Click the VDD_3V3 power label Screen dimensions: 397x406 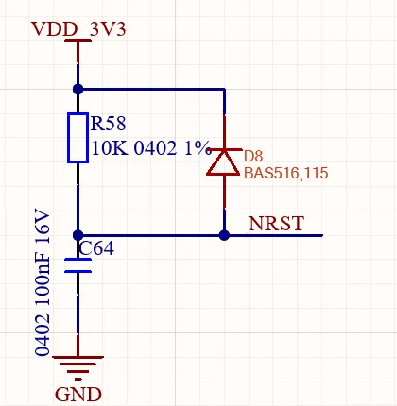78,29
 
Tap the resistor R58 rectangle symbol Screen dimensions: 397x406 78,138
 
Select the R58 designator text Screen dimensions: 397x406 108,123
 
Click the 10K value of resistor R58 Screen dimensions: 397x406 110,147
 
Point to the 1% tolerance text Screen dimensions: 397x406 198,147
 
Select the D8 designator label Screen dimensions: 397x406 253,156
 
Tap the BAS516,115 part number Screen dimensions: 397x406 286,173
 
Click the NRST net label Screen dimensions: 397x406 276,224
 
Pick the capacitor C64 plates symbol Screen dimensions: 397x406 78,265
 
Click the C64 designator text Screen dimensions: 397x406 96,248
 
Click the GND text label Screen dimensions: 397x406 78,395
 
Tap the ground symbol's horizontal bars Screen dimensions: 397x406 78,367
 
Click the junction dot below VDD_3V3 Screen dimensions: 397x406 78,90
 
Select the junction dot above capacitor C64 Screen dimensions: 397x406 78,235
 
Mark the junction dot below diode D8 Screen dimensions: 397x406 224,235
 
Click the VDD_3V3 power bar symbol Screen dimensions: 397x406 78,41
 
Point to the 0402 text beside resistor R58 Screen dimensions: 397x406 155,147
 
